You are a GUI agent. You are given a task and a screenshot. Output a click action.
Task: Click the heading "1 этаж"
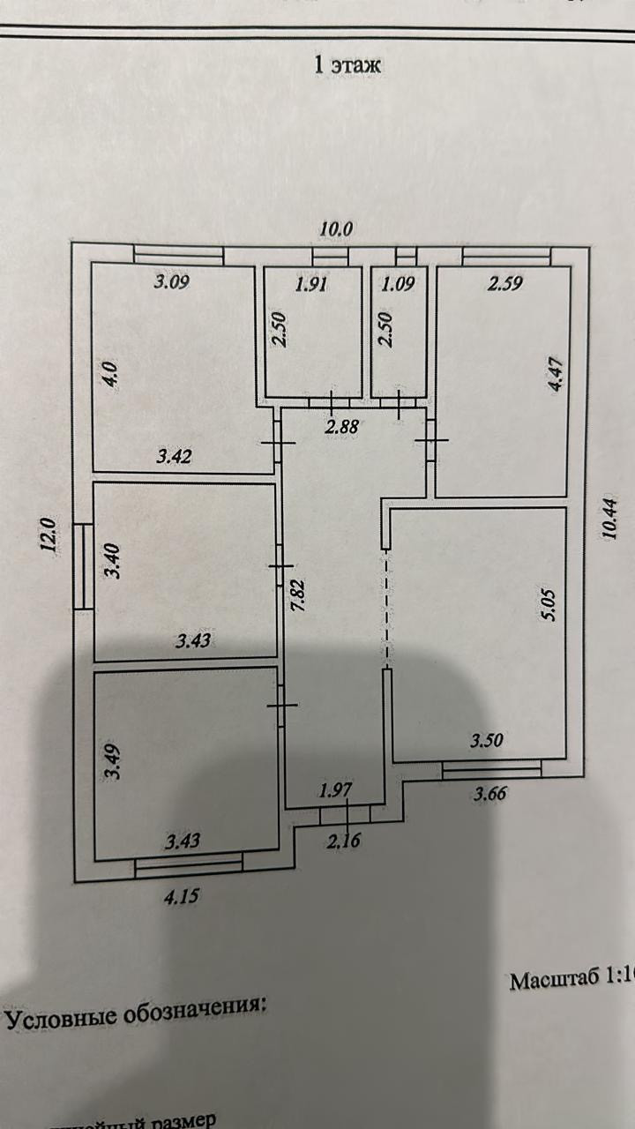[x=347, y=64]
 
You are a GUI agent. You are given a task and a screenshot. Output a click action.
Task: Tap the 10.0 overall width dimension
[x=335, y=228]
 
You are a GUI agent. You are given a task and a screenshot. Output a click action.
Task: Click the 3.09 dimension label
[x=173, y=283]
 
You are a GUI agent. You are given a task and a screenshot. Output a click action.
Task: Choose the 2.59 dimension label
[x=505, y=284]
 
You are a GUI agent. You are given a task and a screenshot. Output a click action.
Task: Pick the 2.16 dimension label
[x=343, y=841]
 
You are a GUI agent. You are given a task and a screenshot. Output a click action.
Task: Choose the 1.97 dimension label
[x=334, y=791]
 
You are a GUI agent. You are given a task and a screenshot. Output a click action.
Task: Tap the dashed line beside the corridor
[x=385, y=609]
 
